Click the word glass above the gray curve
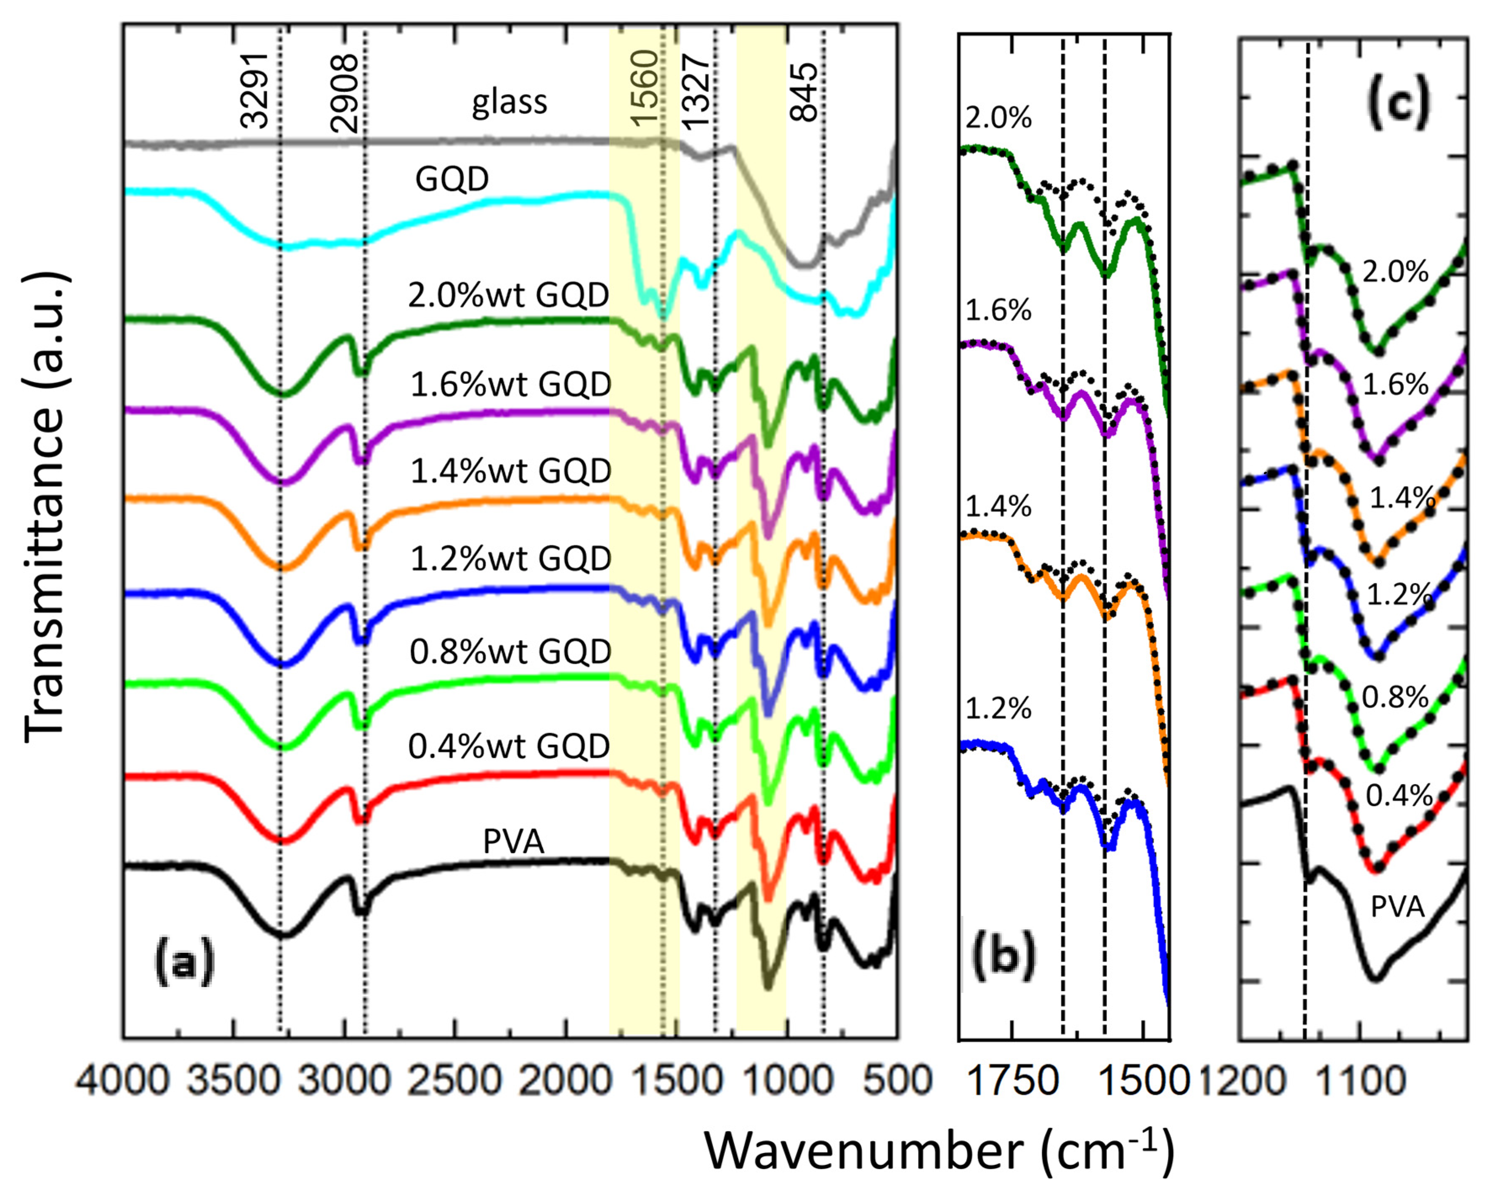click(x=509, y=102)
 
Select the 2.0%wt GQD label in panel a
click(x=508, y=295)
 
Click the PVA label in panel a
click(x=513, y=841)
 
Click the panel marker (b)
click(x=1003, y=957)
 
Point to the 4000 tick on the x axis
click(x=122, y=1080)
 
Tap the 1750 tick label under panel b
click(x=1012, y=1080)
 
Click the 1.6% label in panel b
click(x=998, y=311)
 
